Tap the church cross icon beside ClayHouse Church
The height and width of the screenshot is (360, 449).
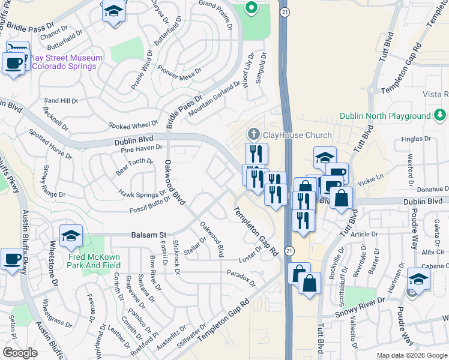coord(253,134)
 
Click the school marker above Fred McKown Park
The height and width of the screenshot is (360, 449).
coord(71,236)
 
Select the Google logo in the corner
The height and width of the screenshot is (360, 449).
coord(20,353)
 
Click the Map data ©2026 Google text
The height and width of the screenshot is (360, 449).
coord(412,355)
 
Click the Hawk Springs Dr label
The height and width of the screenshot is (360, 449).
coord(142,194)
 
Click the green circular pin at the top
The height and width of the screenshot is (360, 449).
coord(252,8)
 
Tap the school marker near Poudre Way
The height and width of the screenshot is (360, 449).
coord(418,280)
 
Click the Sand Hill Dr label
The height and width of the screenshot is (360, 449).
coord(61,101)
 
